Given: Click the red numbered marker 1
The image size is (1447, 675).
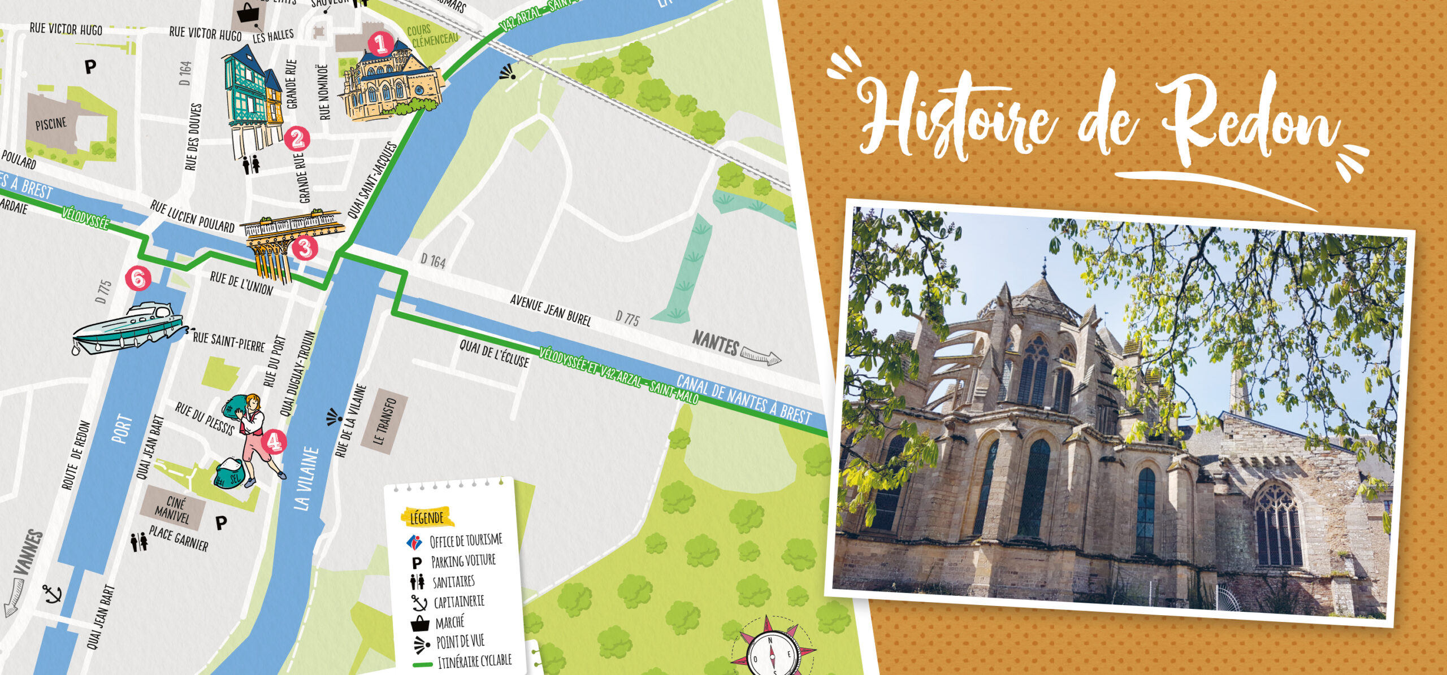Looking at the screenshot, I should click(380, 43).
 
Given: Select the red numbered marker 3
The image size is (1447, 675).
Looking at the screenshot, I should click(305, 248).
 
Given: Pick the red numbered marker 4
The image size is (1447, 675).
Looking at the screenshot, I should click(274, 442).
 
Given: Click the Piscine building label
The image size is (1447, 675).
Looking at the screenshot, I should click(51, 124).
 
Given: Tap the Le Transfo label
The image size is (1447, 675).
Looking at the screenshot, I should click(385, 421).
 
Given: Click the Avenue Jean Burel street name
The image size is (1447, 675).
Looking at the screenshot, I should click(551, 310).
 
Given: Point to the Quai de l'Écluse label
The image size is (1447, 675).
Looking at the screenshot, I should click(494, 353).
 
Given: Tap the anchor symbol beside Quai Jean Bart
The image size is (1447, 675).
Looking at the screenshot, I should click(53, 594).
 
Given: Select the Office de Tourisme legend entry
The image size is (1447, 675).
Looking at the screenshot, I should click(465, 541).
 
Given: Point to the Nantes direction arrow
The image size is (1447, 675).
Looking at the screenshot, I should click(760, 355).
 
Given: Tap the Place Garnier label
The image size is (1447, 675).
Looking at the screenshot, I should click(179, 538).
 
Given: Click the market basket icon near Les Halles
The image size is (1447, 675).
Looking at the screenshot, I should click(248, 12).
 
